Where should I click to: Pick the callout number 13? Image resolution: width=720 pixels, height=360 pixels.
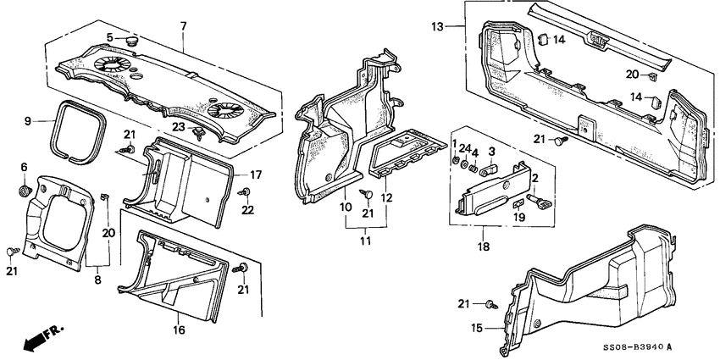point(437,27)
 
